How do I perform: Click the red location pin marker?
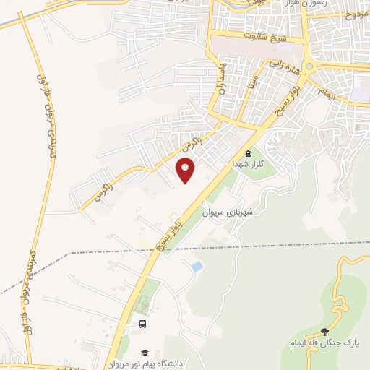point(186,171)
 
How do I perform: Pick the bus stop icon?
point(143,324)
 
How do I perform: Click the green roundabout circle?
point(309,66)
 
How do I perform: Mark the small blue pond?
point(197,267)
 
